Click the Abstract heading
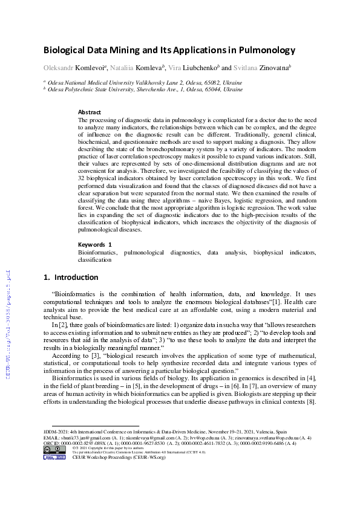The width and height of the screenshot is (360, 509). [90, 112]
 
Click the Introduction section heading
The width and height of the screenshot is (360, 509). [76, 277]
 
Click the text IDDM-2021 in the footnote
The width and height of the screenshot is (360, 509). [56, 432]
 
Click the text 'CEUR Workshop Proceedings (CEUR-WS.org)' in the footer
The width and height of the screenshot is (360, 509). [111, 458]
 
